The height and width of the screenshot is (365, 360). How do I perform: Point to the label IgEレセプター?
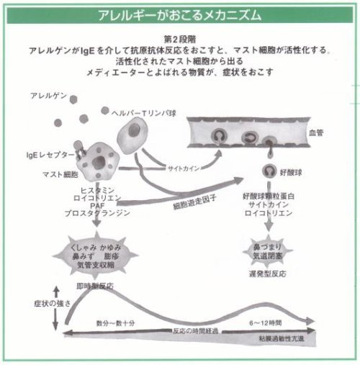pos(47,155)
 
